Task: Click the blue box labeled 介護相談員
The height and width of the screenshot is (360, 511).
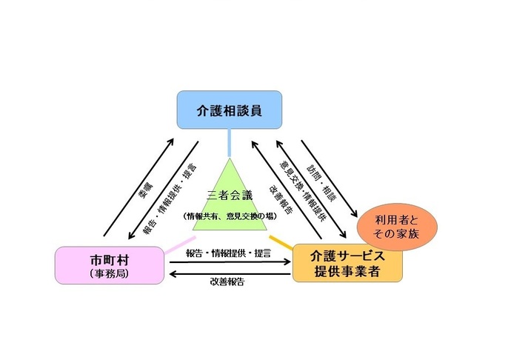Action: (x=229, y=110)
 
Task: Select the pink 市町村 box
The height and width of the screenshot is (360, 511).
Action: (x=108, y=264)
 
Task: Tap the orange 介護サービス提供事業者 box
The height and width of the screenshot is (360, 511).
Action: (x=347, y=264)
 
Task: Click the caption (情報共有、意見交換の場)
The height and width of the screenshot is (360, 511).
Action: (x=230, y=216)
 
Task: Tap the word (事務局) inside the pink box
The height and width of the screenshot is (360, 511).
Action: (x=108, y=273)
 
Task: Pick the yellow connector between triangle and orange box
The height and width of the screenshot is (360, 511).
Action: (x=281, y=241)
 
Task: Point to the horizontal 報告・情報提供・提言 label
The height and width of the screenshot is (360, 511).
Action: (x=230, y=253)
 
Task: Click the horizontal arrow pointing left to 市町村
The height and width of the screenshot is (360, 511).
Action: (x=230, y=273)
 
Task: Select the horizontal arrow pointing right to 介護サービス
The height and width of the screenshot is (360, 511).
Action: (x=230, y=262)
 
